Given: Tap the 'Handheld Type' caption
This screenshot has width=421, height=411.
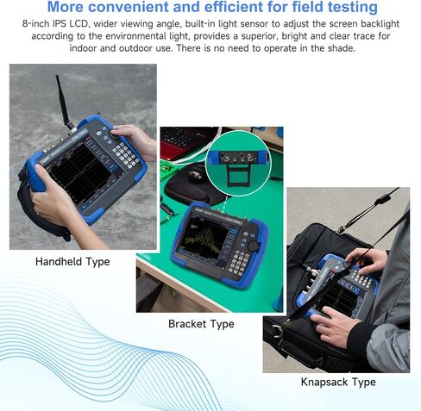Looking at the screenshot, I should pyautogui.click(x=72, y=262).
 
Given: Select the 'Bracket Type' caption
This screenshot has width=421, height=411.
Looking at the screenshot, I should pyautogui.click(x=201, y=324).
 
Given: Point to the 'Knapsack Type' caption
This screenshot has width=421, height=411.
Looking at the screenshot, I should pyautogui.click(x=338, y=382).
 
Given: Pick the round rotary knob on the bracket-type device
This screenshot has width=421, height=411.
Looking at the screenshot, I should pyautogui.click(x=254, y=246).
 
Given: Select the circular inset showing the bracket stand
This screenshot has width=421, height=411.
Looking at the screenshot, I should pyautogui.click(x=238, y=159).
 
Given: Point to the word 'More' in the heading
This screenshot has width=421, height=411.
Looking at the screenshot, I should pyautogui.click(x=71, y=9).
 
